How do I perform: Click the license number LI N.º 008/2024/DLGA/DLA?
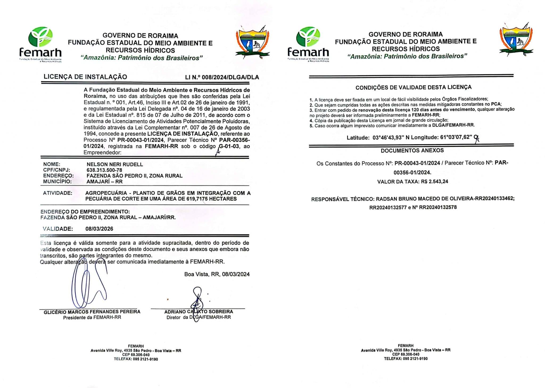[x=222, y=77]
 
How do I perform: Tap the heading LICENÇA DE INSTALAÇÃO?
[x=85, y=77]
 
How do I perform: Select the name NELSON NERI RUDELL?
[x=115, y=164]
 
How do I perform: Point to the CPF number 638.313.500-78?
[x=104, y=170]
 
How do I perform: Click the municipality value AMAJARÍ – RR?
[x=105, y=182]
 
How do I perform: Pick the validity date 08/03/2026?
[x=99, y=229]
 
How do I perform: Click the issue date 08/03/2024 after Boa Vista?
[x=236, y=274]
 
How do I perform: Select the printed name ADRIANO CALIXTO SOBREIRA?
[x=199, y=312]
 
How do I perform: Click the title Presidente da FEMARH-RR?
[x=92, y=317]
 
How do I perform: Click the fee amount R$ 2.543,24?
[x=435, y=182]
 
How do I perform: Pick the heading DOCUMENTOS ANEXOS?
[x=412, y=150]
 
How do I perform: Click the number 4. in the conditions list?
[x=311, y=121]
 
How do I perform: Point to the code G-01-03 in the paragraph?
[x=229, y=146]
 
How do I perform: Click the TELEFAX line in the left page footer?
[x=136, y=359]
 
